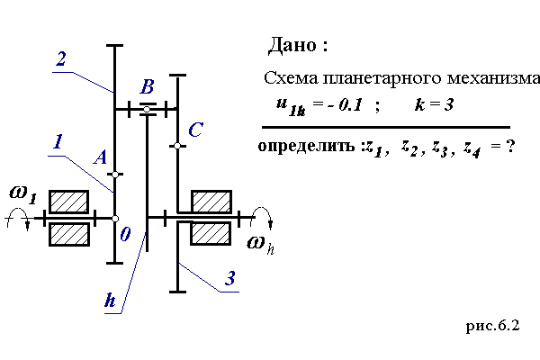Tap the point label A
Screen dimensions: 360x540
pos(101,157)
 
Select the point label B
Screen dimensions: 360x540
pos(148,87)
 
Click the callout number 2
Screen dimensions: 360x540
pos(60,60)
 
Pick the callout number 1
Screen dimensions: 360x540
pos(57,141)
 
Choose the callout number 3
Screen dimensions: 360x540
pos(230,278)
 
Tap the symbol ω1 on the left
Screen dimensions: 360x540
pos(22,192)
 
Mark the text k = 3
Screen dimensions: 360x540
pos(433,105)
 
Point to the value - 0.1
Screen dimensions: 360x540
pos(345,105)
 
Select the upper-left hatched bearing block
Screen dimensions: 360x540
pos(68,201)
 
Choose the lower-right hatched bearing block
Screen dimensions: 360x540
pos(212,233)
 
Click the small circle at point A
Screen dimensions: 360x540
pos(115,174)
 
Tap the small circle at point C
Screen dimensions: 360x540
pos(178,145)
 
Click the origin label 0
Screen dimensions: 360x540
pos(125,234)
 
